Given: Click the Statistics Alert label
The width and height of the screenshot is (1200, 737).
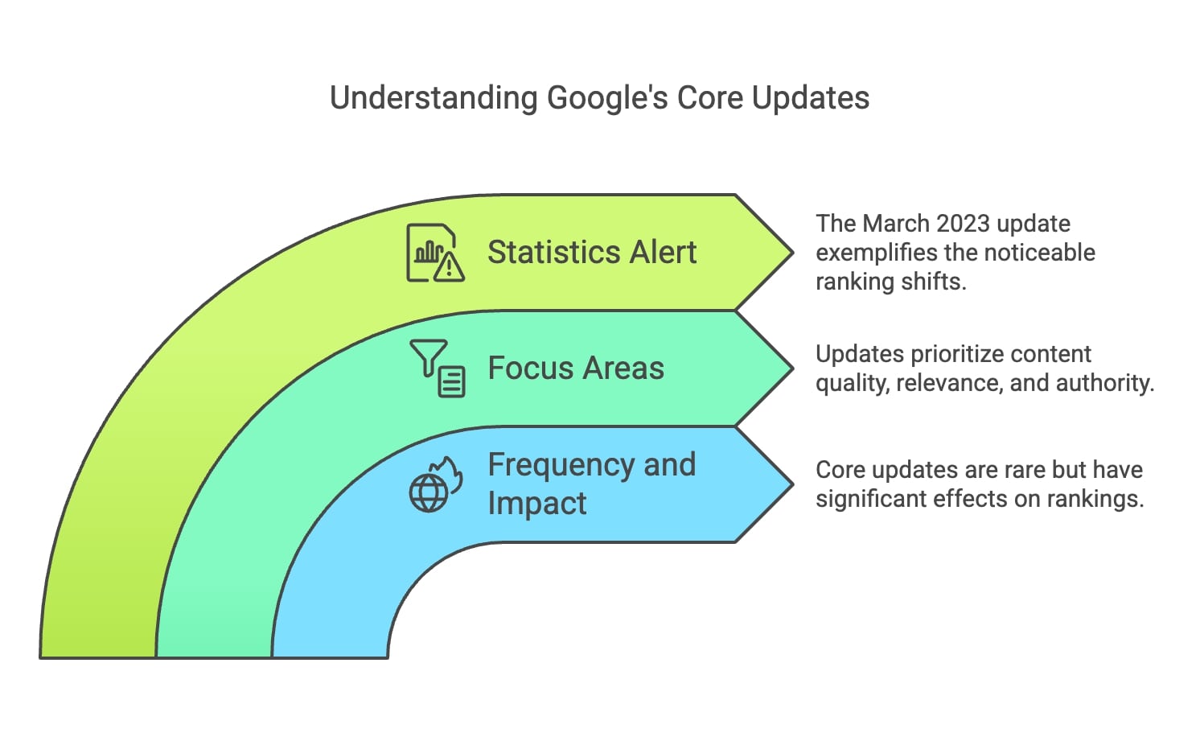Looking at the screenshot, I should tap(592, 253).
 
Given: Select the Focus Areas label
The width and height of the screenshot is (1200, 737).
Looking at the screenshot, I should tap(576, 368).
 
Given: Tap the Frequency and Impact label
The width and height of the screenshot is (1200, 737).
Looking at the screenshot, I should tap(591, 484).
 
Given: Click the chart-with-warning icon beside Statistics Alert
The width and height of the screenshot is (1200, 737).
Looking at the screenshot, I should tap(435, 253).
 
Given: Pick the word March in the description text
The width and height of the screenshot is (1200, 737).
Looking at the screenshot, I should tap(887, 224).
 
